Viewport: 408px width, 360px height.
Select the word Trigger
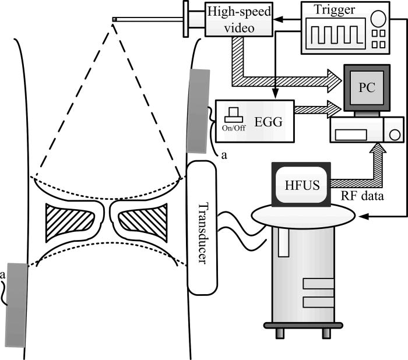pyautogui.click(x=329, y=10)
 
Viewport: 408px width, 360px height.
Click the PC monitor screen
pyautogui.click(x=367, y=87)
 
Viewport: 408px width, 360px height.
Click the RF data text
pyautogui.click(x=361, y=196)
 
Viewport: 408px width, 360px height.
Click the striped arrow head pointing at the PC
pyautogui.click(x=334, y=76)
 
